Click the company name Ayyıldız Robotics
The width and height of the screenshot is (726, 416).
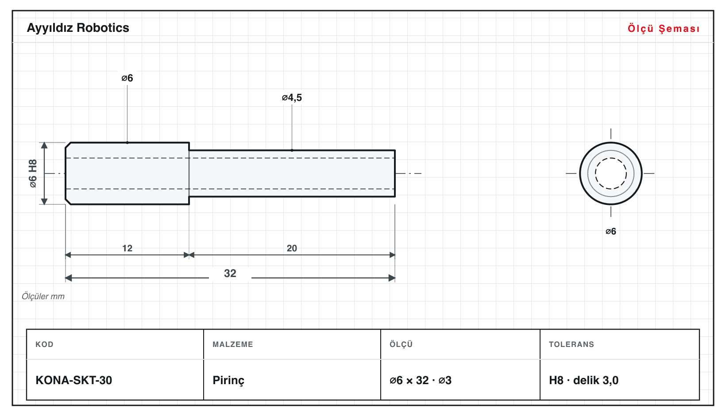(x=78, y=28)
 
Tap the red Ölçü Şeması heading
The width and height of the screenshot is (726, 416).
(x=664, y=28)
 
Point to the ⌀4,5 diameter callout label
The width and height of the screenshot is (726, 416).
(x=292, y=97)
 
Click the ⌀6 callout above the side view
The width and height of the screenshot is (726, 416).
(x=127, y=78)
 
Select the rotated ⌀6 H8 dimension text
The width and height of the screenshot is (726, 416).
(x=33, y=173)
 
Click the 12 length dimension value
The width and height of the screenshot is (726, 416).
(x=127, y=248)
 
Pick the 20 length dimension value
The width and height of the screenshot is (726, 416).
(x=292, y=248)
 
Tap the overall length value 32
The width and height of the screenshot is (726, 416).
(x=230, y=273)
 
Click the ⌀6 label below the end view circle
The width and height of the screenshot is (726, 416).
(x=610, y=231)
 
